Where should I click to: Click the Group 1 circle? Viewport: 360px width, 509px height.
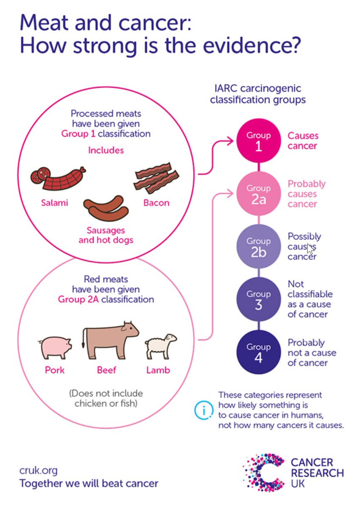(259, 141)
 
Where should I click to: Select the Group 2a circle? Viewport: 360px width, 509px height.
(259, 193)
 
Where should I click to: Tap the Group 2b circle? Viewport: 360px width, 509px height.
(259, 246)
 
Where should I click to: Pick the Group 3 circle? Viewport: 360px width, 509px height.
(259, 299)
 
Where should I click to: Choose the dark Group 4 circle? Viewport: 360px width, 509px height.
(259, 352)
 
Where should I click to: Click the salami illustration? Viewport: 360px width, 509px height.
(58, 179)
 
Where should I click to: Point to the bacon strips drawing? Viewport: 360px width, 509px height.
(156, 178)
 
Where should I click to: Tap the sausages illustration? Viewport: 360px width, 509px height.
(106, 208)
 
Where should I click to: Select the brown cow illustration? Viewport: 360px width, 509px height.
(110, 340)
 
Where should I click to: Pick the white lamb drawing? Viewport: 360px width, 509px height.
(161, 346)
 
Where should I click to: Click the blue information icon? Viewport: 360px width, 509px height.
(204, 410)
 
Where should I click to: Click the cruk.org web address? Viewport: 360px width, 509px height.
(39, 470)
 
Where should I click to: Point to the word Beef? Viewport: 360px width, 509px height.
(106, 370)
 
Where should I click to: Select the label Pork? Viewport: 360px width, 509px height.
(55, 370)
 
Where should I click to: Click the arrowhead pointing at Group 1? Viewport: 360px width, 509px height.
(230, 141)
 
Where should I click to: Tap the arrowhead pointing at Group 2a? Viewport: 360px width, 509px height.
(230, 193)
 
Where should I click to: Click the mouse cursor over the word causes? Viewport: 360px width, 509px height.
(310, 249)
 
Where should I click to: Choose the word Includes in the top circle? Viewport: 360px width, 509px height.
(106, 151)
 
